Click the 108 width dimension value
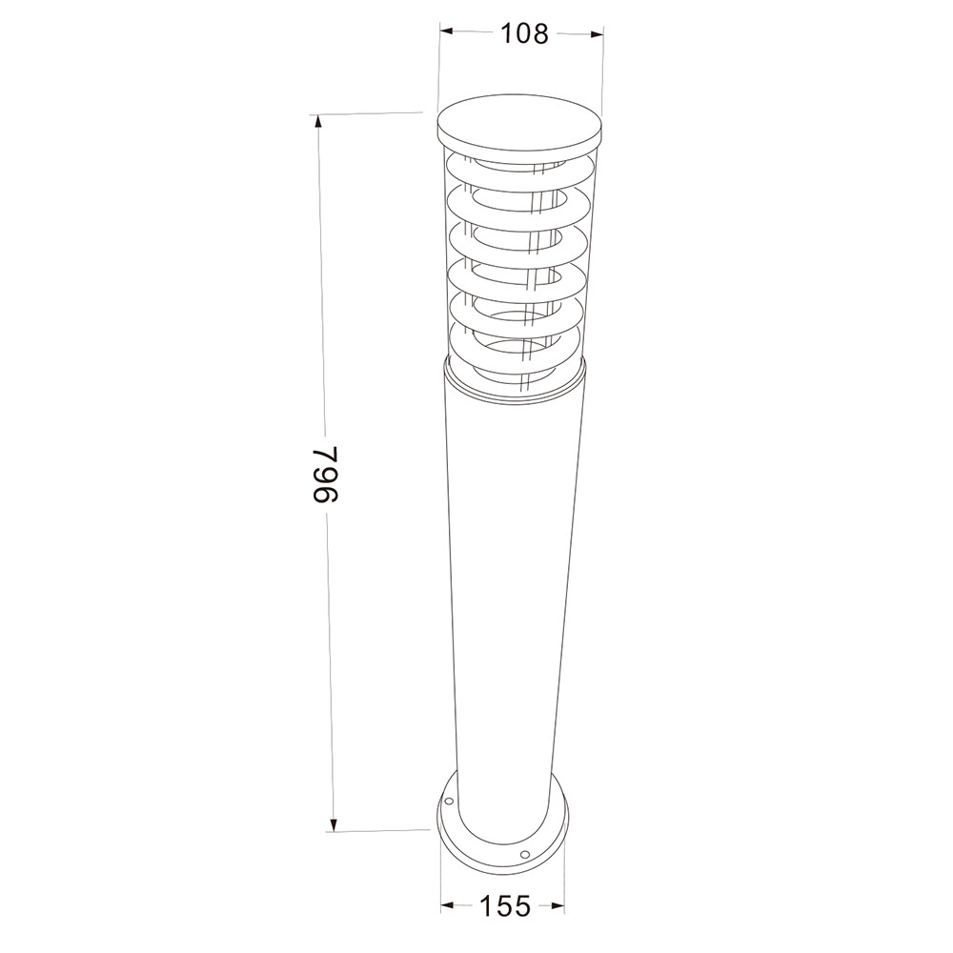pos(524,34)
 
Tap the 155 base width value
pos(505,906)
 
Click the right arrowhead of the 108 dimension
pos(596,34)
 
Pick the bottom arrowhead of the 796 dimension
pos(333,823)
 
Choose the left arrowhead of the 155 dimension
pos(448,904)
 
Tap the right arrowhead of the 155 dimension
pos(557,906)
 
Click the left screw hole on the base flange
pos(449,802)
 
